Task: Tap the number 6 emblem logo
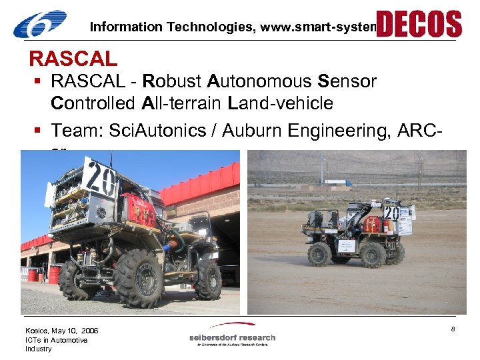coord(40,25)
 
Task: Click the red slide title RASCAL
coord(73,59)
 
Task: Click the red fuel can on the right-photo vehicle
coord(372,223)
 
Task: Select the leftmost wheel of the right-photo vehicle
coord(319,254)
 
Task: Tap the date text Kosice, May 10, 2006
coord(61,331)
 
